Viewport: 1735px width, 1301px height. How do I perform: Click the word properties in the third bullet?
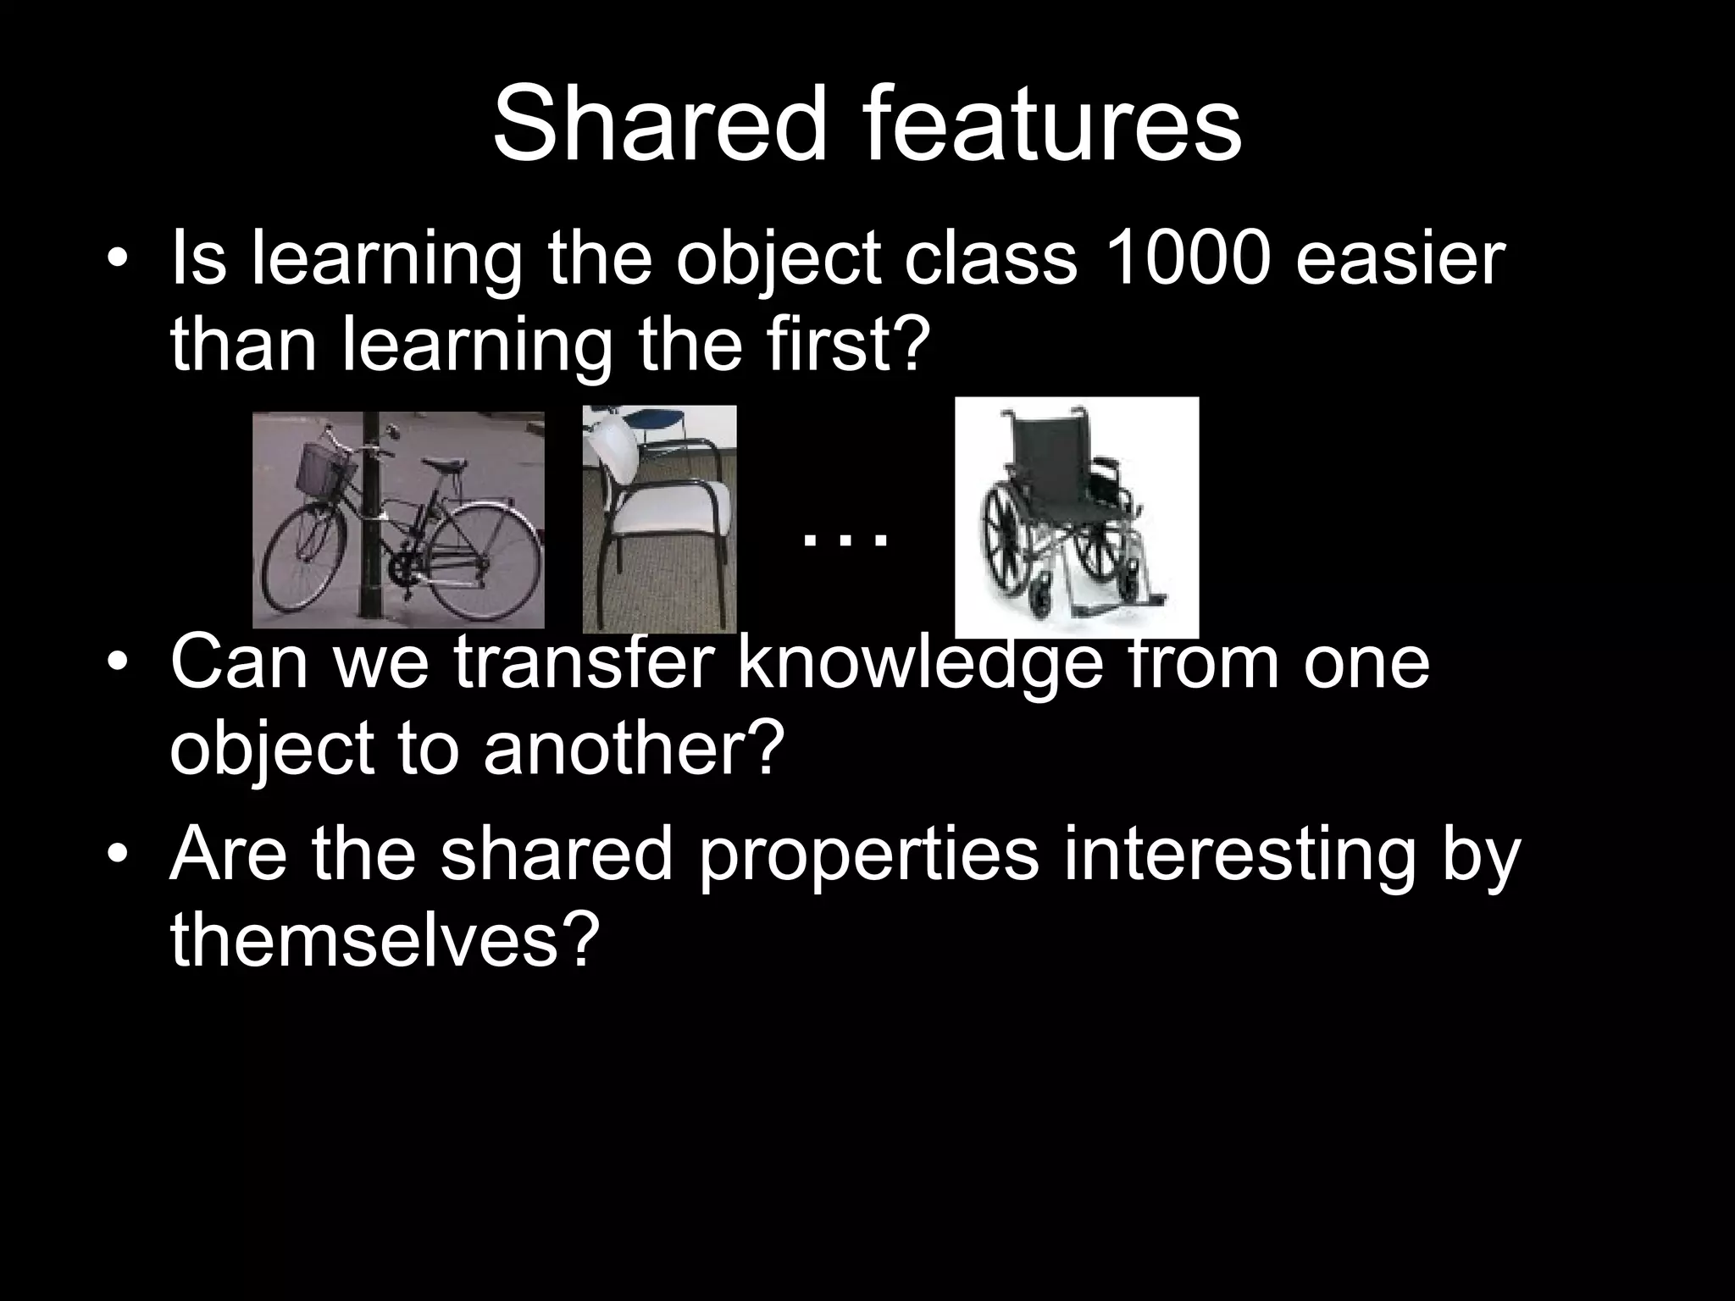pyautogui.click(x=869, y=855)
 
